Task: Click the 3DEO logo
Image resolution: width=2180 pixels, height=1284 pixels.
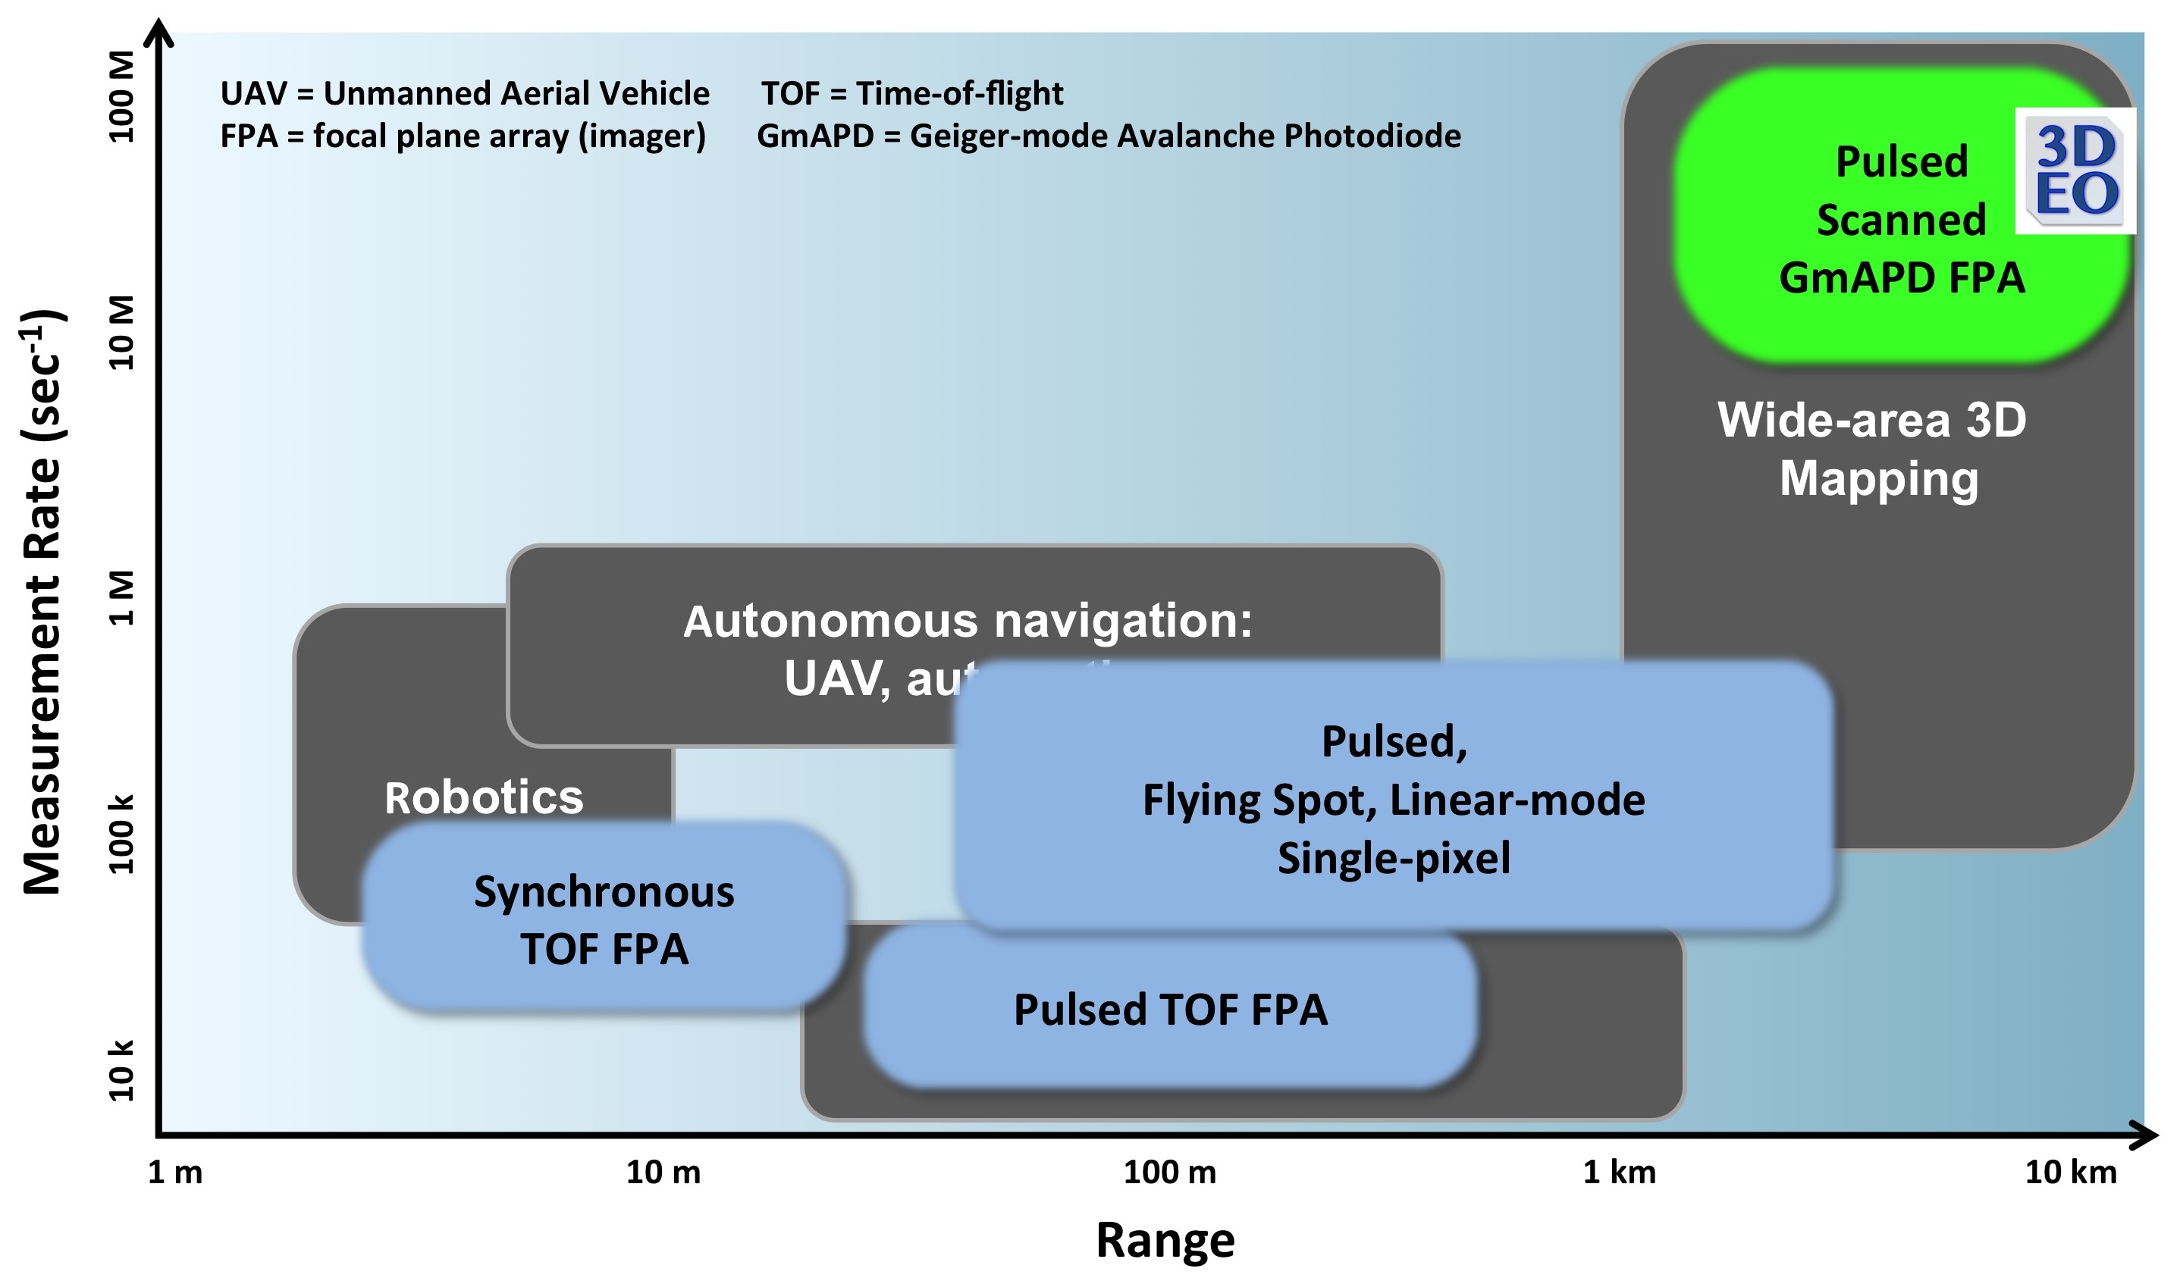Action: point(2075,171)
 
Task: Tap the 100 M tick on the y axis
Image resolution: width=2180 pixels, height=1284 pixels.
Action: point(122,97)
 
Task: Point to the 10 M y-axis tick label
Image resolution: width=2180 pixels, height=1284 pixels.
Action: point(122,333)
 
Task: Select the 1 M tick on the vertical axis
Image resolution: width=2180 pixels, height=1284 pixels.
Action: point(122,598)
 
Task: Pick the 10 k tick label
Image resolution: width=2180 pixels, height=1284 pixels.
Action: point(122,1071)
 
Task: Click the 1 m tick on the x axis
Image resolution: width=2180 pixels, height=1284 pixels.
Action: point(176,1173)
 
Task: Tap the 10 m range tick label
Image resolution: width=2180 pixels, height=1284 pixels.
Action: point(663,1173)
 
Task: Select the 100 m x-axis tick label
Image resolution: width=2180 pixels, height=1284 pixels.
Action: point(1169,1173)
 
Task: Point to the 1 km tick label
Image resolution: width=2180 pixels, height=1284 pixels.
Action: point(1619,1173)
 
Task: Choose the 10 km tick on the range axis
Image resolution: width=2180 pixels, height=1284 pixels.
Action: point(2070,1173)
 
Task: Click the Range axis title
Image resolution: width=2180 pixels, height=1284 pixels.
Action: point(1165,1240)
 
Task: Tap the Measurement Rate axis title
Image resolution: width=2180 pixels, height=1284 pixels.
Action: point(43,602)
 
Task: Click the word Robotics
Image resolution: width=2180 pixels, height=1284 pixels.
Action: point(484,797)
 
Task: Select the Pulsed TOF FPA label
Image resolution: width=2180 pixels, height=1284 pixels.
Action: point(1170,1010)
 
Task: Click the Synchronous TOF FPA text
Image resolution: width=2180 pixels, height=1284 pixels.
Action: point(604,921)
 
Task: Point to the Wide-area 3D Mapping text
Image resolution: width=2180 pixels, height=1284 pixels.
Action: point(1873,449)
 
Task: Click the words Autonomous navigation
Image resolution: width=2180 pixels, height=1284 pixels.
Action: point(968,622)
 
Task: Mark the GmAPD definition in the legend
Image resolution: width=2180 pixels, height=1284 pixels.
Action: point(1109,136)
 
